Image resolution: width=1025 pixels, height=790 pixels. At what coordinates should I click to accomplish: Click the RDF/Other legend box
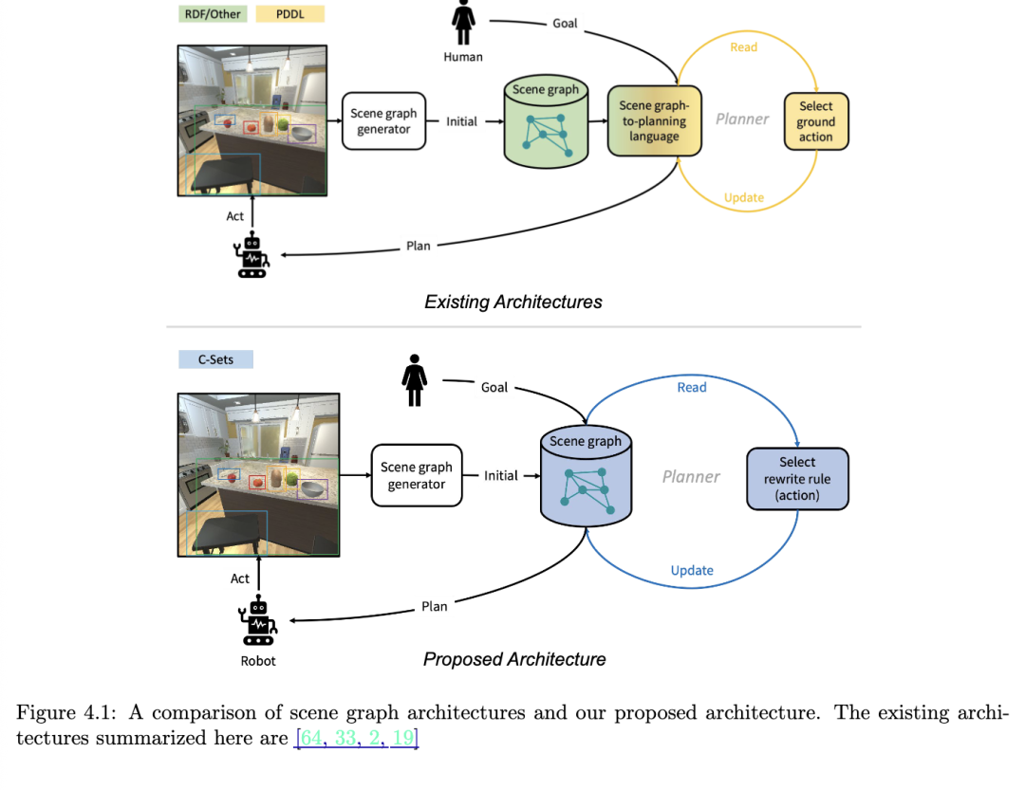pyautogui.click(x=213, y=14)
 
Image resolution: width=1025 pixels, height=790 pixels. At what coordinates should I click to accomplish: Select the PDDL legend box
pyautogui.click(x=289, y=14)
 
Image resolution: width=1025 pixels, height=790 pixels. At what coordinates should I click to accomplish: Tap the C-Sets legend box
pyautogui.click(x=215, y=359)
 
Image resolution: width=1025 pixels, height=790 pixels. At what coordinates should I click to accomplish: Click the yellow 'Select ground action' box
pyautogui.click(x=816, y=121)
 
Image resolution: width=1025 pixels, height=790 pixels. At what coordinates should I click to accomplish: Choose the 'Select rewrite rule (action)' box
pyautogui.click(x=797, y=478)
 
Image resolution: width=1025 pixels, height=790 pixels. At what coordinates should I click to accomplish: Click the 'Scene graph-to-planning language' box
pyautogui.click(x=654, y=120)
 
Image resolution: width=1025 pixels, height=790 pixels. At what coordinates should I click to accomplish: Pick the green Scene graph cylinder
pyautogui.click(x=546, y=121)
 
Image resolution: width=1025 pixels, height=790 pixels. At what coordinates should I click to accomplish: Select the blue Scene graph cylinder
pyautogui.click(x=586, y=477)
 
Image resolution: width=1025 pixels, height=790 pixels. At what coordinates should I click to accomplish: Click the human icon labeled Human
pyautogui.click(x=463, y=23)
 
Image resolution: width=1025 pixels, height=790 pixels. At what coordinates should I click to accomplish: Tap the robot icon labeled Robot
pyautogui.click(x=258, y=620)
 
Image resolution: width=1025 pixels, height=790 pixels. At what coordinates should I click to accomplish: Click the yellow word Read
pyautogui.click(x=744, y=47)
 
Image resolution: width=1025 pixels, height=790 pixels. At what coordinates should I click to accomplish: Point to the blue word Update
pyautogui.click(x=692, y=570)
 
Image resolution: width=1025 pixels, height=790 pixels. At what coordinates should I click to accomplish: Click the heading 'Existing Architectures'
pyautogui.click(x=513, y=302)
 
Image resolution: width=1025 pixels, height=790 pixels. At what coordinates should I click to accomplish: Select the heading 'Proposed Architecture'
pyautogui.click(x=514, y=659)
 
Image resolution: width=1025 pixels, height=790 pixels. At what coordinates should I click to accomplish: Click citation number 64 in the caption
pyautogui.click(x=311, y=738)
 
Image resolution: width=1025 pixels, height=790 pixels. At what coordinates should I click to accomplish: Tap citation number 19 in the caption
pyautogui.click(x=402, y=738)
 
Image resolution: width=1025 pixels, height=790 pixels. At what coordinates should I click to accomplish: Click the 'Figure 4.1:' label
pyautogui.click(x=66, y=712)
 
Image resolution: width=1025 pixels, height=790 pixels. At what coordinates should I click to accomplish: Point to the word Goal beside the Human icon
pyautogui.click(x=565, y=24)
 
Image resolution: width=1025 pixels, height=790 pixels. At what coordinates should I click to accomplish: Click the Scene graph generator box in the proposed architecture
pyautogui.click(x=417, y=476)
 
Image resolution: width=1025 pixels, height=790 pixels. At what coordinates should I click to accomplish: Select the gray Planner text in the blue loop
pyautogui.click(x=691, y=477)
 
